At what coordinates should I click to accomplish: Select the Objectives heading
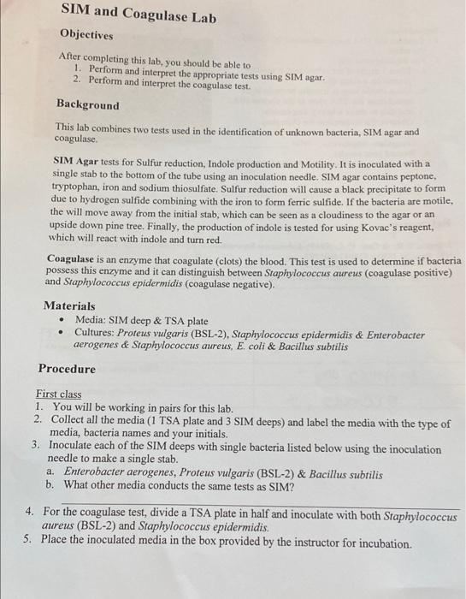coord(86,35)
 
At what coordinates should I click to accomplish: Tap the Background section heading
coord(88,104)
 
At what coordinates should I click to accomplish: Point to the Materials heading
coord(69,305)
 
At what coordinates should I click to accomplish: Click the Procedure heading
coord(67,369)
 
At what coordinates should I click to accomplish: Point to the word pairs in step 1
coord(162,408)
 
